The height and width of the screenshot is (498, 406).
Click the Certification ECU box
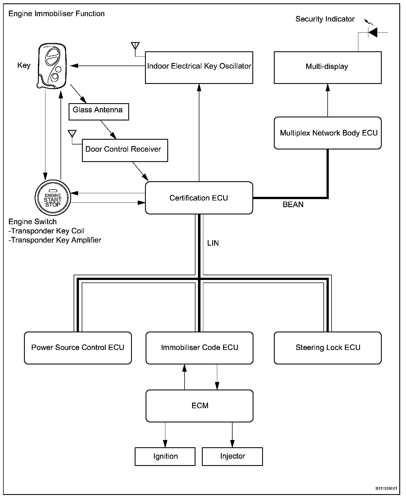(199, 198)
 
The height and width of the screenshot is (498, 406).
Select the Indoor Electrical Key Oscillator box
(199, 67)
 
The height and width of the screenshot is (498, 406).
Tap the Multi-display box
(328, 67)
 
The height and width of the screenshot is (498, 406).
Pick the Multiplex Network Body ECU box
(328, 133)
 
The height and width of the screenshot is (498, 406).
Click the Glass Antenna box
(99, 112)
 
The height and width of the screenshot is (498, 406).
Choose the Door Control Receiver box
(125, 150)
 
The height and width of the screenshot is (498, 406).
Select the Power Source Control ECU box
(78, 348)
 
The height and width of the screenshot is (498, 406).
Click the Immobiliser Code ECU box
(199, 348)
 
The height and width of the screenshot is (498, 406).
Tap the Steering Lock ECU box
(328, 348)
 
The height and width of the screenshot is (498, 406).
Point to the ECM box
(199, 406)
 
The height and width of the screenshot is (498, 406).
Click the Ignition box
(165, 456)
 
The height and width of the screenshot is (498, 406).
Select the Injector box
(232, 456)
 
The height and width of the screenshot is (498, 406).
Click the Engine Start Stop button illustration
(53, 197)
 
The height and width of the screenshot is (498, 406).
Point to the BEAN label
(293, 205)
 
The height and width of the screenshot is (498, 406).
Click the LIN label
(213, 243)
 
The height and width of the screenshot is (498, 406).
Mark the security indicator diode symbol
(373, 32)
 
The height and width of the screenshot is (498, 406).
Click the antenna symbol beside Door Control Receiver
(72, 134)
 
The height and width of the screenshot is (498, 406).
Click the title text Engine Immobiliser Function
(57, 14)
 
